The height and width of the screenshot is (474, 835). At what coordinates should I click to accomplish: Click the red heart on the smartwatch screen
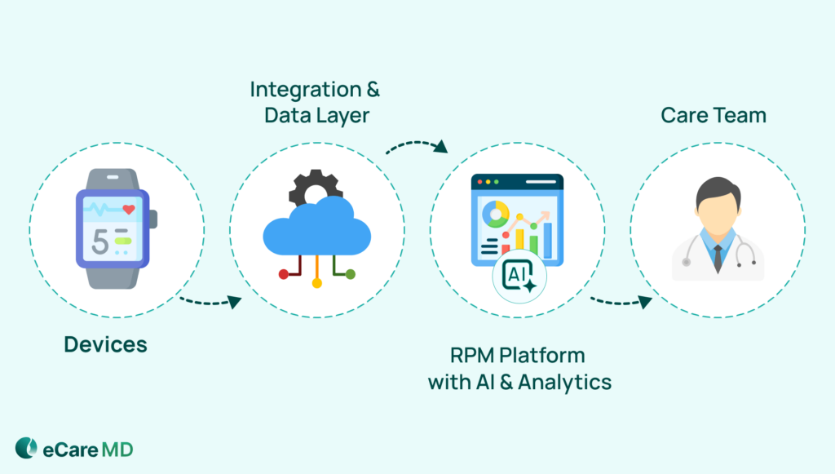128,210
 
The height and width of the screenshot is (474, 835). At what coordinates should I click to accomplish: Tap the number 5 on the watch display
99,241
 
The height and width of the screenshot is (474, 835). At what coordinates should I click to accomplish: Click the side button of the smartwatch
153,219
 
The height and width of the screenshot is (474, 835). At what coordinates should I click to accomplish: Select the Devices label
106,344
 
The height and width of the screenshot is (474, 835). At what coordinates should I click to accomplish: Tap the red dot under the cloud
283,274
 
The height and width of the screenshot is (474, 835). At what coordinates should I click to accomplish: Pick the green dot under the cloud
351,274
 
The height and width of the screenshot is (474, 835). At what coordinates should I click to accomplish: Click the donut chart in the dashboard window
495,214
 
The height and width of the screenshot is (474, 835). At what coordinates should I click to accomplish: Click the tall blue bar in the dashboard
548,237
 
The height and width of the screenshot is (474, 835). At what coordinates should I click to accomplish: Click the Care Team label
714,115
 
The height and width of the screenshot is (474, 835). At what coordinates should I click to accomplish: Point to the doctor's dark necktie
717,258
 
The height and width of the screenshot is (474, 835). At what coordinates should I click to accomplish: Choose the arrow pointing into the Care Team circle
621,301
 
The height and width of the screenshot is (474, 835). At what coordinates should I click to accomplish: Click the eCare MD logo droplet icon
26,448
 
